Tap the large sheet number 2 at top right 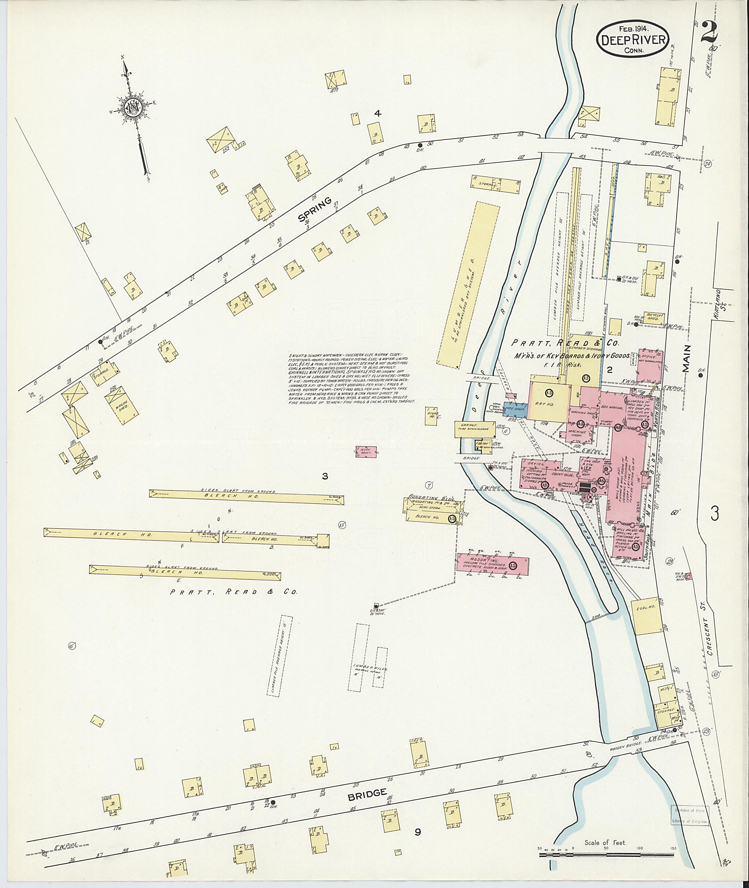click(712, 32)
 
